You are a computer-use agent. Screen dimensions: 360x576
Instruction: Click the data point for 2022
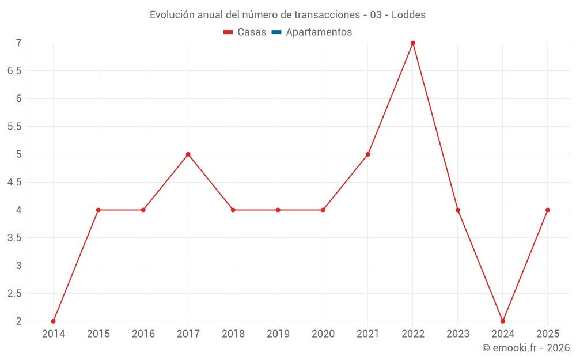pos(413,43)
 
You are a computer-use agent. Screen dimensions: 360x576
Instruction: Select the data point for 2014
pos(54,321)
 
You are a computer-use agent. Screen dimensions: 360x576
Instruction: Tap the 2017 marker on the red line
pos(188,154)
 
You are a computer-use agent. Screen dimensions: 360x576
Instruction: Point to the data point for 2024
pos(503,321)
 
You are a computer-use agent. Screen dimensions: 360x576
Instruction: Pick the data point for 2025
pos(548,210)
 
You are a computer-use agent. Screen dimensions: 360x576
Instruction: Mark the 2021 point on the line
pos(368,154)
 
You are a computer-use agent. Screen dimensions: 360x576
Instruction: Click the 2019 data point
pos(278,210)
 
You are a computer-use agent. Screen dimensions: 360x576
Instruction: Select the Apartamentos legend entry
pos(319,32)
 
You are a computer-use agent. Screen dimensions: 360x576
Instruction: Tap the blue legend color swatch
pos(276,32)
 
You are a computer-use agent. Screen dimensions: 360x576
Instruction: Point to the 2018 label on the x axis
pos(233,334)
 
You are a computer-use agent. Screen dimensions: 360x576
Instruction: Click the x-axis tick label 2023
pos(458,334)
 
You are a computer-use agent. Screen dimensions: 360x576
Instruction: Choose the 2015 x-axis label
pos(98,334)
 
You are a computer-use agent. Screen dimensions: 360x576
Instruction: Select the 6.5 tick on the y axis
pos(14,71)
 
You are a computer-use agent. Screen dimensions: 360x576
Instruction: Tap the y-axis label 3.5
pos(14,238)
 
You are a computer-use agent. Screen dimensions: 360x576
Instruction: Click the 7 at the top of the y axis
pos(18,43)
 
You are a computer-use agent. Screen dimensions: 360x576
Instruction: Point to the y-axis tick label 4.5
pos(14,182)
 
